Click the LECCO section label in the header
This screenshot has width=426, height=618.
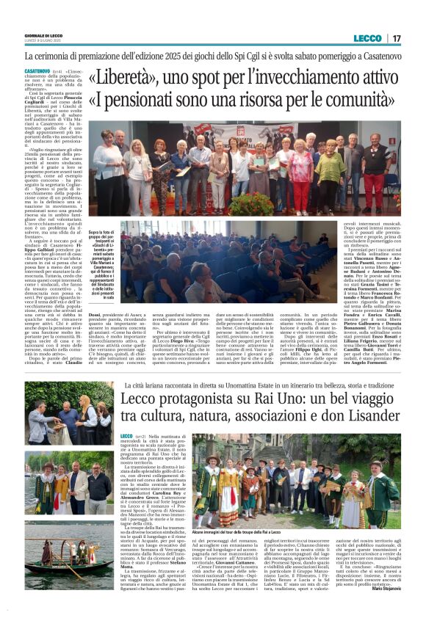tap(367, 37)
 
